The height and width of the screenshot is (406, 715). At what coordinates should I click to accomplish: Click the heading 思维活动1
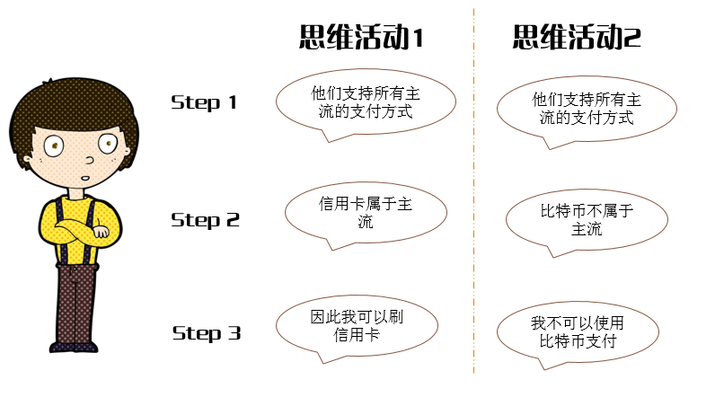click(x=360, y=38)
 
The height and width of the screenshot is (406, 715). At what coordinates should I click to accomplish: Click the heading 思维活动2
click(x=577, y=38)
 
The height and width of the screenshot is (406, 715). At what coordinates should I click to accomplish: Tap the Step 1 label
click(x=204, y=102)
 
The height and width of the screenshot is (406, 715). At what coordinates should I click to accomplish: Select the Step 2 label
click(x=205, y=219)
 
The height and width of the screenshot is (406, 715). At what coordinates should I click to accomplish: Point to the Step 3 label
click(x=207, y=333)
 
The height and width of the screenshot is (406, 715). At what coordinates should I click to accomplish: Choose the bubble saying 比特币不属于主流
click(x=587, y=220)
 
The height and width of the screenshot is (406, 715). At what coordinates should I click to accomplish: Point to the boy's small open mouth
click(x=84, y=177)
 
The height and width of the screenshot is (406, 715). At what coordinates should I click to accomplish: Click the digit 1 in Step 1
click(x=233, y=102)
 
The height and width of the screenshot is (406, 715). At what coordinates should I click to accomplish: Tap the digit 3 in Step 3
click(x=234, y=333)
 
